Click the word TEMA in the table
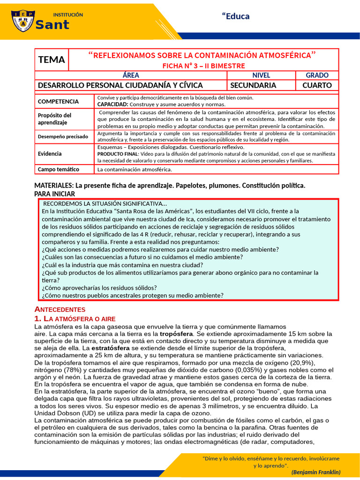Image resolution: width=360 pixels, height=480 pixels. pos(52,60)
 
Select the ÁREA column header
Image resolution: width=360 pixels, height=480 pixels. pos(131,75)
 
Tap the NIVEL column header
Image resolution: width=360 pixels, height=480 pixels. pos(261,75)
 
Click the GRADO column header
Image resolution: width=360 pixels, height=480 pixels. pos(317,75)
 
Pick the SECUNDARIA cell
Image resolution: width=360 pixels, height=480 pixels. pos(253,85)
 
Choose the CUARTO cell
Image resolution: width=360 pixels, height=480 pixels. pos(317,85)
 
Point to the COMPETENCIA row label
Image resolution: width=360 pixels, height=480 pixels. pos(58,101)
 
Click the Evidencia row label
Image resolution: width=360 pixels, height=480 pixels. pos(50,153)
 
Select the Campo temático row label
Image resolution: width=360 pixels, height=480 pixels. pos(58,169)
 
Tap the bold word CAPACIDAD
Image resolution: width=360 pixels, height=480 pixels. pos(112,104)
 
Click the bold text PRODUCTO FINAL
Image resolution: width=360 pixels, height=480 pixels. pos(117,154)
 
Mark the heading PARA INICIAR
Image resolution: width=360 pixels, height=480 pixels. pos(54,194)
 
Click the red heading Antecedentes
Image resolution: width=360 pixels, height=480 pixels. pos(60,309)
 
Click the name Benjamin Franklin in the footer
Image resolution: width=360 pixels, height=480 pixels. pos(316,472)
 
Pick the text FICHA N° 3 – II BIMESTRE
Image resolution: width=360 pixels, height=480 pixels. pos(203,66)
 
